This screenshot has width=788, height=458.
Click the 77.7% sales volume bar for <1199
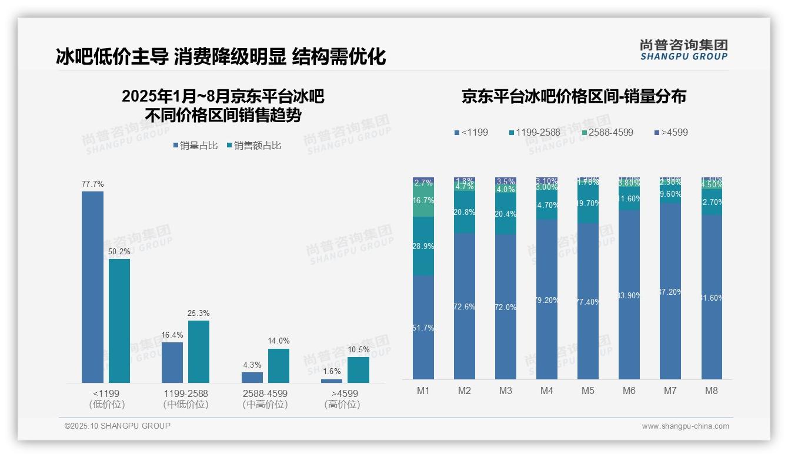click(x=92, y=287)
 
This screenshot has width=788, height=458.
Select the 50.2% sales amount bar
click(x=119, y=321)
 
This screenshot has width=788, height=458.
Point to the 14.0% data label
click(x=279, y=341)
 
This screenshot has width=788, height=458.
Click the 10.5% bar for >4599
click(x=358, y=370)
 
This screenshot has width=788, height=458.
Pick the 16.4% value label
click(x=172, y=335)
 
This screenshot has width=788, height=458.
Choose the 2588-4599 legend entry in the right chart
click(x=607, y=133)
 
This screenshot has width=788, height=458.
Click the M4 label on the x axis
click(x=547, y=391)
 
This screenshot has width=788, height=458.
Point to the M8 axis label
click(x=712, y=391)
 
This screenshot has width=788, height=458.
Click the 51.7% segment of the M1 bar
click(x=423, y=328)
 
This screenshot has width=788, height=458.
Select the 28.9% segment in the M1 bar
click(x=423, y=247)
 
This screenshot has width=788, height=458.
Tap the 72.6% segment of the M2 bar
click(x=465, y=307)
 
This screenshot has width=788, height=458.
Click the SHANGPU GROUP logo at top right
click(x=683, y=50)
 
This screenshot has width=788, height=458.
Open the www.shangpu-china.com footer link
click(x=685, y=426)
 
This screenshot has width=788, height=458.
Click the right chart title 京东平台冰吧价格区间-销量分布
click(x=573, y=97)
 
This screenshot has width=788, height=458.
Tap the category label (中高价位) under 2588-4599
click(x=265, y=405)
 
